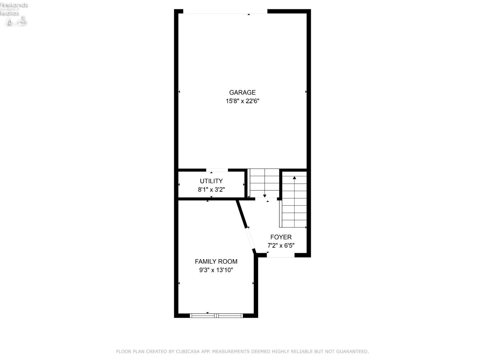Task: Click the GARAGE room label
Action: (242, 93)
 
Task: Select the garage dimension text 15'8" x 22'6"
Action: (242, 101)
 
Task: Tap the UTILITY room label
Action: (211, 181)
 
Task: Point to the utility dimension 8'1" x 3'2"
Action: (211, 190)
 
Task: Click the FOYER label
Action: (281, 237)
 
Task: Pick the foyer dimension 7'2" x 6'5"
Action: (281, 246)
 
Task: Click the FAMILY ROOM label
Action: (216, 261)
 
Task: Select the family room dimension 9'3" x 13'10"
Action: (216, 270)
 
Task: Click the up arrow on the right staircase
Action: (294, 178)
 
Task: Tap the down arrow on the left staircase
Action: (264, 196)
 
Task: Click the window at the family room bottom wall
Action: (216, 315)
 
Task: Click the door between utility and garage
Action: (217, 170)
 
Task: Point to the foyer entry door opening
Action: (280, 255)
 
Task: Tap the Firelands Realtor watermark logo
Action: (14, 14)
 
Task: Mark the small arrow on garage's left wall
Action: (179, 92)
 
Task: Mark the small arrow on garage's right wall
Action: (306, 92)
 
